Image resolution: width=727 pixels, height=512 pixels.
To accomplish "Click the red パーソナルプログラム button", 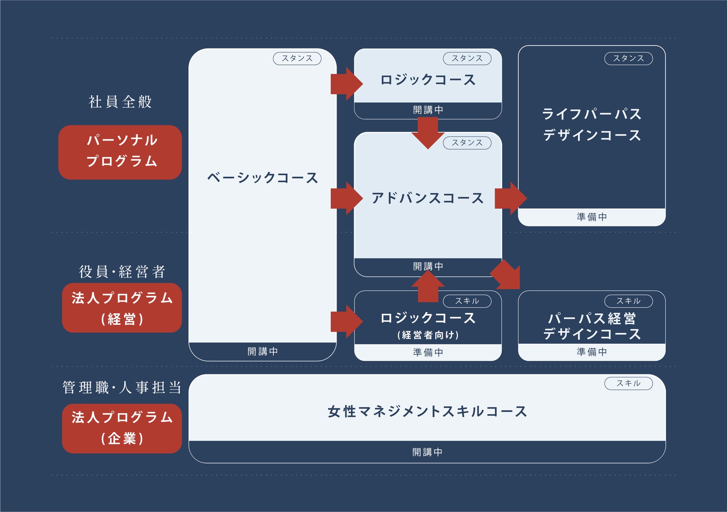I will pos(120,152).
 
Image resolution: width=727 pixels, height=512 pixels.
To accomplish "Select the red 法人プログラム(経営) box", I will pos(122,308).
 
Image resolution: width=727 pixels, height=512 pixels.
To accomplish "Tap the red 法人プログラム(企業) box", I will pos(122,428).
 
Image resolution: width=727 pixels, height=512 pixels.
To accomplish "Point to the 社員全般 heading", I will pos(120,102).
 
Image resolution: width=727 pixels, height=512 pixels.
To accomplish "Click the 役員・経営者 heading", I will pos(122,272).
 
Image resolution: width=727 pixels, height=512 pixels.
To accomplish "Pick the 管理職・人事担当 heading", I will pos(122,388).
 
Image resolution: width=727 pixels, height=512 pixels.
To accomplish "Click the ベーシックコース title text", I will pos(262,177).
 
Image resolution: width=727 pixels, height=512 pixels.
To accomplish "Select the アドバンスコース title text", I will pos(427,198).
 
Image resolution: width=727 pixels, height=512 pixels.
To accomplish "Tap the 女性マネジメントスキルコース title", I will pos(427,411).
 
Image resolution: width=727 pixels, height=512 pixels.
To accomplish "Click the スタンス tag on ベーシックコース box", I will pos(297,58).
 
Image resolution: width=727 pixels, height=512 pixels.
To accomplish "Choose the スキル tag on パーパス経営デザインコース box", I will pos(628,301).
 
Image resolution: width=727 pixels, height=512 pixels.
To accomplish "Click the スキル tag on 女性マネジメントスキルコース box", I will pos(628,383).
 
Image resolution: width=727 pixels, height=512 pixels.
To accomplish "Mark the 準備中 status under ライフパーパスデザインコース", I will pos(592,217).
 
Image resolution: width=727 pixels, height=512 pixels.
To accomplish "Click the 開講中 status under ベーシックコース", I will pos(262,352).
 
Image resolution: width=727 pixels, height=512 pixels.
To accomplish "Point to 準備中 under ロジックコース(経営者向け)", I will pos(428,352).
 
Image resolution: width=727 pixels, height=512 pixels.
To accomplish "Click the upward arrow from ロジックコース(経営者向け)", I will pos(428,287).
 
